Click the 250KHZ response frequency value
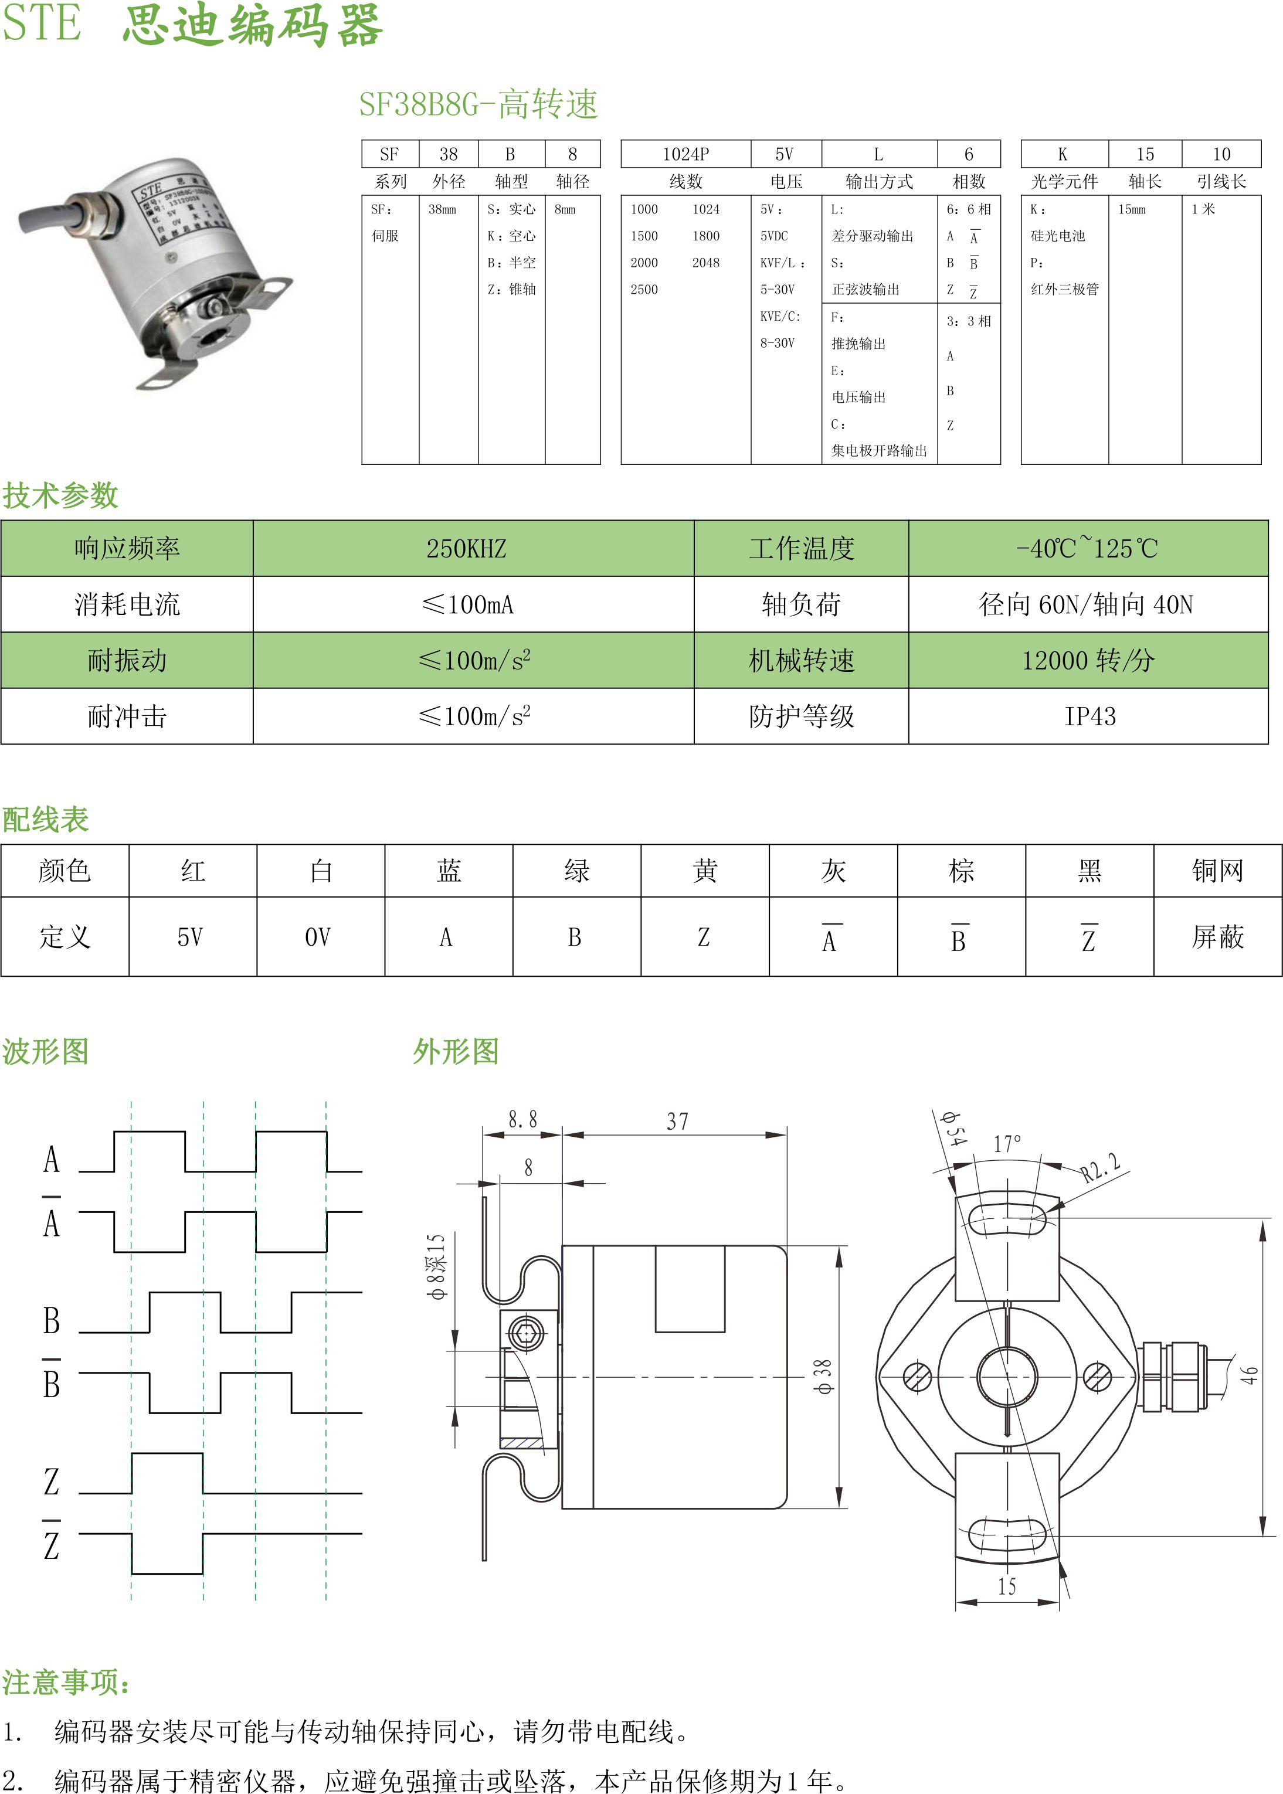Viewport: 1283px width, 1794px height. click(466, 548)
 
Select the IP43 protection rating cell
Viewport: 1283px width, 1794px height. click(1089, 716)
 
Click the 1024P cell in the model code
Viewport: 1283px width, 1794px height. click(685, 154)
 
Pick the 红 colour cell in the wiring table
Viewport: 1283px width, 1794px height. click(193, 871)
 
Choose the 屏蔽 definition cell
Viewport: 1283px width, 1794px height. click(1217, 937)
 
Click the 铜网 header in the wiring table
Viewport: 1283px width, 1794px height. click(1217, 871)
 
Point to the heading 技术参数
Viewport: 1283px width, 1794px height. click(60, 495)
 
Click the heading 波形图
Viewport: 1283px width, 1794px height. click(45, 1051)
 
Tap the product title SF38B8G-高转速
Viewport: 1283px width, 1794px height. click(478, 104)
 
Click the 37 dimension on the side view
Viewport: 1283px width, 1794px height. click(677, 1121)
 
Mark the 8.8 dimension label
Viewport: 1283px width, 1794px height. click(522, 1119)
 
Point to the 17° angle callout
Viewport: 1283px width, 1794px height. click(1007, 1144)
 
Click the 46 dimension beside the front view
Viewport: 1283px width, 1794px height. click(1248, 1375)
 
